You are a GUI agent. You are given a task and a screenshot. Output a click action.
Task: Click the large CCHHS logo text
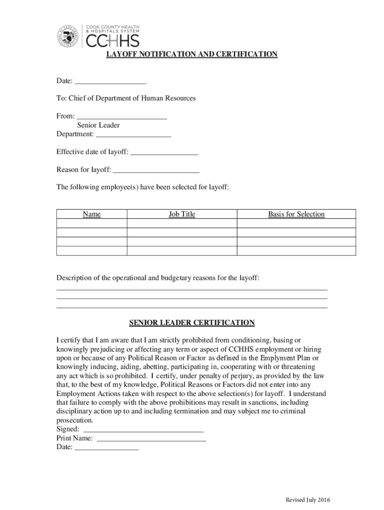pyautogui.click(x=113, y=40)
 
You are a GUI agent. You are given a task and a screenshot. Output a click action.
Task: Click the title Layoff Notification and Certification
pyautogui.click(x=192, y=54)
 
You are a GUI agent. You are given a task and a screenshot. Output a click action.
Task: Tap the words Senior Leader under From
pyautogui.click(x=98, y=126)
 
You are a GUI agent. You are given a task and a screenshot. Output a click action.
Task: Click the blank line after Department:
pyautogui.click(x=133, y=134)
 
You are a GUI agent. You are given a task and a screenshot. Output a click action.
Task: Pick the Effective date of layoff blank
pyautogui.click(x=164, y=152)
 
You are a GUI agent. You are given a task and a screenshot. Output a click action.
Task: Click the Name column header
pyautogui.click(x=92, y=214)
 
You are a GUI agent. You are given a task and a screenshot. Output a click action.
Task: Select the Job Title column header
pyautogui.click(x=182, y=214)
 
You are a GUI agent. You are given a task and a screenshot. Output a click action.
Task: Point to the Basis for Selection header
pyautogui.click(x=296, y=214)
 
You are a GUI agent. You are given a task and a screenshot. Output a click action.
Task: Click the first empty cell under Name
pyautogui.click(x=92, y=224)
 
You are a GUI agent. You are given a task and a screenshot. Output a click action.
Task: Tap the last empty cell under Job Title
pyautogui.click(x=182, y=251)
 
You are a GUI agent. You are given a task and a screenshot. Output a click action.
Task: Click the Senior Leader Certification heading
pyautogui.click(x=192, y=323)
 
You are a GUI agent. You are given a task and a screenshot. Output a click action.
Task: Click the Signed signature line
pyautogui.click(x=143, y=429)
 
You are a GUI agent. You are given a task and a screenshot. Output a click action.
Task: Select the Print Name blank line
pyautogui.click(x=151, y=438)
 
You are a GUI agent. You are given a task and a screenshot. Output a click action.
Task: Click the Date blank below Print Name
pyautogui.click(x=107, y=448)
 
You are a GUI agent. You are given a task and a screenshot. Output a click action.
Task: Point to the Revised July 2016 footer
pyautogui.click(x=308, y=500)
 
